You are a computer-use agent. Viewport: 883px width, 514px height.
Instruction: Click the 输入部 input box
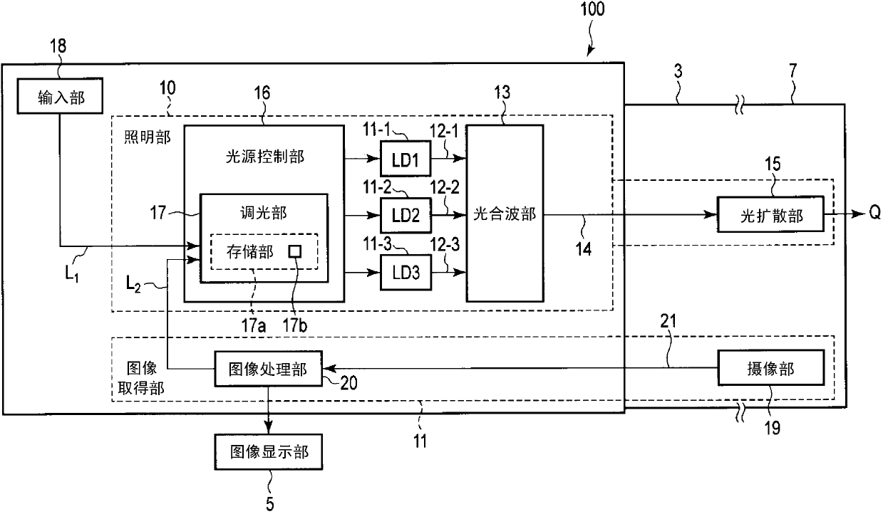[x=60, y=95]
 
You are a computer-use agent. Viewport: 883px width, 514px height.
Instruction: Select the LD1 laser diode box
[x=406, y=158]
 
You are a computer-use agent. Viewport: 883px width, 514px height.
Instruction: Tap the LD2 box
[x=406, y=215]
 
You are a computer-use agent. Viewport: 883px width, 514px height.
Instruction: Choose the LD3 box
[x=406, y=273]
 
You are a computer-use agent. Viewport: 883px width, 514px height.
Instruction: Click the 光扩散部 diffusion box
[x=770, y=214]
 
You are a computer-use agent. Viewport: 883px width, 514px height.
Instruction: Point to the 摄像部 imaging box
[x=770, y=367]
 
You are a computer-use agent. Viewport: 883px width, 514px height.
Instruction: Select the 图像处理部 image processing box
[x=268, y=369]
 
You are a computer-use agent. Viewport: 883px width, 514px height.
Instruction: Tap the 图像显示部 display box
[x=269, y=452]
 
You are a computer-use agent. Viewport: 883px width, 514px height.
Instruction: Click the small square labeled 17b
[x=295, y=251]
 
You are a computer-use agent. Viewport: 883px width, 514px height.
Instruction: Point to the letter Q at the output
[x=875, y=213]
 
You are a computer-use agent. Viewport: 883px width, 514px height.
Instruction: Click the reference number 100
[x=592, y=9]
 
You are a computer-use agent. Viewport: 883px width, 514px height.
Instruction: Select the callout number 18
[x=58, y=46]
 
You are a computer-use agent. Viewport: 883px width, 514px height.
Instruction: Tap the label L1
[x=72, y=274]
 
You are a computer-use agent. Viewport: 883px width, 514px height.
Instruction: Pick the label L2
[x=133, y=284]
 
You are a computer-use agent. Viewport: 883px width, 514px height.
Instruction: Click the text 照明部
[x=148, y=137]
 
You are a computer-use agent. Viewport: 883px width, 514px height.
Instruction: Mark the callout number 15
[x=773, y=164]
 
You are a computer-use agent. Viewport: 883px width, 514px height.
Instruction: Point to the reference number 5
[x=269, y=504]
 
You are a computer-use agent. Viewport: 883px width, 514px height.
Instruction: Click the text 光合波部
[x=505, y=214]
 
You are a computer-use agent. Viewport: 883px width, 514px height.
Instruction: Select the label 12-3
[x=445, y=245]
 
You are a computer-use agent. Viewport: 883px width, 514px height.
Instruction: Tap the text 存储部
[x=250, y=252]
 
